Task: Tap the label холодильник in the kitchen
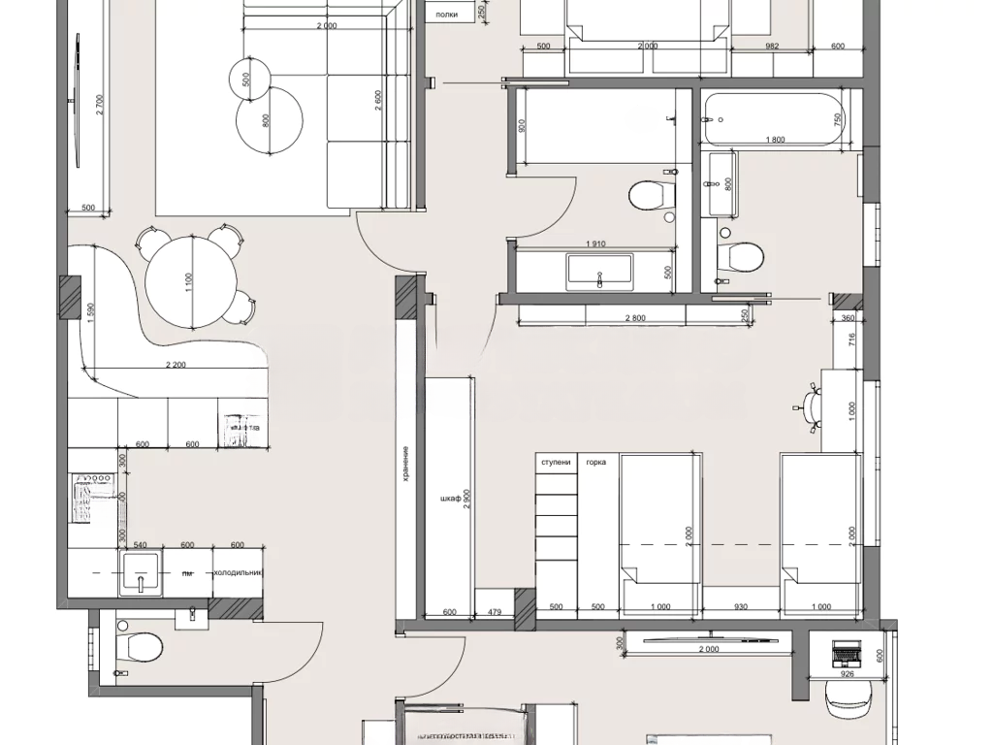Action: pos(239,572)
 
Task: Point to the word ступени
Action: pos(557,463)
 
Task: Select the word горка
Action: pos(595,463)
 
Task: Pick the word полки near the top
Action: pos(447,14)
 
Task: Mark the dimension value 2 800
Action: pos(635,318)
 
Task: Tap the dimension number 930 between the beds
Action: pos(740,607)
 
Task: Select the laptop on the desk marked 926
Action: pos(841,654)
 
